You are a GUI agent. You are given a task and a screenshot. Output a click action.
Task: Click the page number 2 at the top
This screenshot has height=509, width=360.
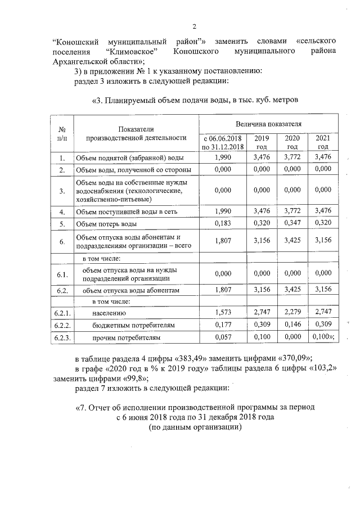195,26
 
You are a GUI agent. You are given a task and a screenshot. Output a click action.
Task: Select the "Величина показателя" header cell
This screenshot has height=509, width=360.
268,123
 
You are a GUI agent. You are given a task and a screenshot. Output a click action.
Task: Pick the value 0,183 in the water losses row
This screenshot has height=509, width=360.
223,224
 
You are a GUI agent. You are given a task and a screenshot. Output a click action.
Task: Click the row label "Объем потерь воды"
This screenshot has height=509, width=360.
106,224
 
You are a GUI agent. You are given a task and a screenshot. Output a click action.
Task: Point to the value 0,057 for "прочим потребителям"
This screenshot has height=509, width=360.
223,337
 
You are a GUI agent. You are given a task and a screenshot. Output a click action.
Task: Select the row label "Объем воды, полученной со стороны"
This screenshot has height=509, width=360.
133,169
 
